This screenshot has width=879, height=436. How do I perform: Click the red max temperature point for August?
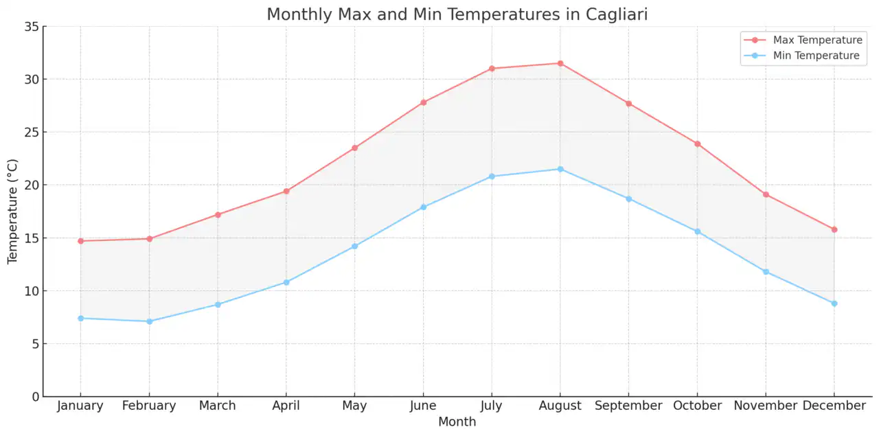click(x=560, y=63)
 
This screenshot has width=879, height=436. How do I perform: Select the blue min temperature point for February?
click(x=149, y=321)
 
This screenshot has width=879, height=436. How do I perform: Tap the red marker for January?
click(x=80, y=241)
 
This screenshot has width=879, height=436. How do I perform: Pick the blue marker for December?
click(x=834, y=303)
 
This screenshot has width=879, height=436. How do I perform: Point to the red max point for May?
click(x=354, y=148)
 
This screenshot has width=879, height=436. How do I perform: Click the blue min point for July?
click(x=492, y=176)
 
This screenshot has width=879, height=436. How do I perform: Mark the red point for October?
click(x=697, y=144)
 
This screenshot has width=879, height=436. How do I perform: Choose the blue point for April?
click(x=286, y=282)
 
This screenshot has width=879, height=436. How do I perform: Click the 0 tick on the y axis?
click(x=34, y=397)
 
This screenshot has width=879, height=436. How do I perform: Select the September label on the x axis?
click(x=628, y=406)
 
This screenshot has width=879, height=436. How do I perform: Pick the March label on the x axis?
click(x=218, y=406)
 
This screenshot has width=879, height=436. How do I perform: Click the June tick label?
click(x=423, y=406)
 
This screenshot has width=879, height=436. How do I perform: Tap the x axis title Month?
click(x=457, y=422)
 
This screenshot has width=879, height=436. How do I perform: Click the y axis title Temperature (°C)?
click(x=12, y=211)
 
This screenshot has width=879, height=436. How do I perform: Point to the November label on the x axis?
click(x=765, y=406)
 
